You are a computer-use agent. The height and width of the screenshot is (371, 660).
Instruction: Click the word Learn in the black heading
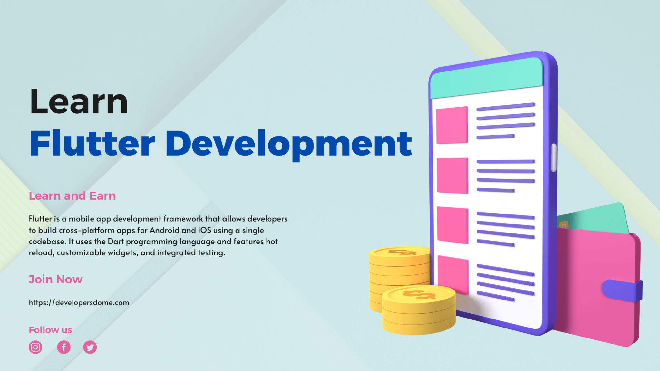(79, 101)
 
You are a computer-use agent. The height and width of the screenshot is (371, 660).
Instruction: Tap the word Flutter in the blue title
(92, 143)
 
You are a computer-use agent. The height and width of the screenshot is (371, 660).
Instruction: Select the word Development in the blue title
(289, 145)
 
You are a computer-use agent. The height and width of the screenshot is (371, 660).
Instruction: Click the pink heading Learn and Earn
(72, 196)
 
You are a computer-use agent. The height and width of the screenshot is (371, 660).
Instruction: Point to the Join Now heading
(56, 279)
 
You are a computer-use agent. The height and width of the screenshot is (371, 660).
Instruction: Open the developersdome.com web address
(79, 303)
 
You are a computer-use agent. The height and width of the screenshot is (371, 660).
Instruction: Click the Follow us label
(50, 330)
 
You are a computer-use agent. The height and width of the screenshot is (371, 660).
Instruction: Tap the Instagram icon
(35, 347)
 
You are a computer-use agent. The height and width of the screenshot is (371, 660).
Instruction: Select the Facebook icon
(64, 347)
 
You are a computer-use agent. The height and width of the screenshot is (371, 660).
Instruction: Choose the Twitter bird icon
(90, 347)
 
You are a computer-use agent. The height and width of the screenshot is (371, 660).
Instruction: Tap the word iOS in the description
(205, 230)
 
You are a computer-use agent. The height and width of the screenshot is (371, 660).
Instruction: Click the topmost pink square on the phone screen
(452, 125)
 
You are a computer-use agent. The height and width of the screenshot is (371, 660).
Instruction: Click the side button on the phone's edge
(554, 158)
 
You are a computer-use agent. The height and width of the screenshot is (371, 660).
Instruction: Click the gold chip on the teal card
(564, 224)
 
